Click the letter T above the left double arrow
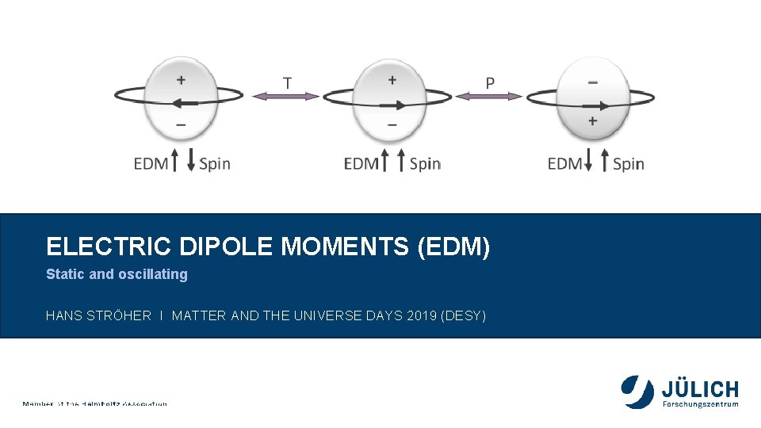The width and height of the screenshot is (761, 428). click(287, 82)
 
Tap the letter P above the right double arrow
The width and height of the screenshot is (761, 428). click(490, 82)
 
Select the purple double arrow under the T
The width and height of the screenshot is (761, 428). click(286, 96)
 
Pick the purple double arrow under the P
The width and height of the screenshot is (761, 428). click(489, 96)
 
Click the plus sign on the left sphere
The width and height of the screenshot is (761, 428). click(182, 79)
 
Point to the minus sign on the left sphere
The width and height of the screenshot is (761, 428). click(182, 124)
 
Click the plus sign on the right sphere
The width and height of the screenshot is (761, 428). click(592, 121)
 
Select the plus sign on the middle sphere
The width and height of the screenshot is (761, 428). click(392, 79)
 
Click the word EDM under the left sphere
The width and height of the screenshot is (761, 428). click(151, 164)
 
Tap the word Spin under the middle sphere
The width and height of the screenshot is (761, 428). click(424, 164)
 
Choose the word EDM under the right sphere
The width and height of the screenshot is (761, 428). click(564, 164)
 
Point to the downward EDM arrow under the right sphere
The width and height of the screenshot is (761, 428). click(588, 161)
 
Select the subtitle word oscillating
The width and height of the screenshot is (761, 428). click(152, 274)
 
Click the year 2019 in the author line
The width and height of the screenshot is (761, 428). click(417, 316)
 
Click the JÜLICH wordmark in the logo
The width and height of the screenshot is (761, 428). click(700, 389)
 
